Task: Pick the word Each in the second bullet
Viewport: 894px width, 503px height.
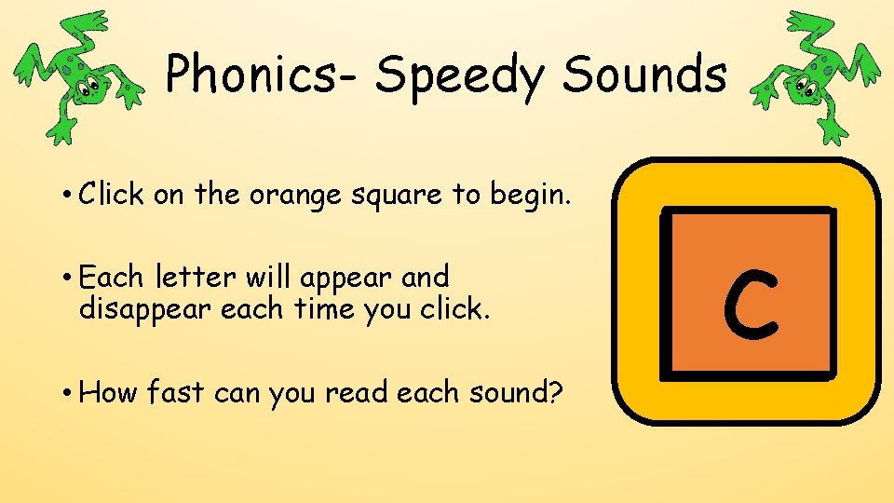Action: (x=113, y=277)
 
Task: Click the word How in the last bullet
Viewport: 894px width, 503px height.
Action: (x=109, y=392)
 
